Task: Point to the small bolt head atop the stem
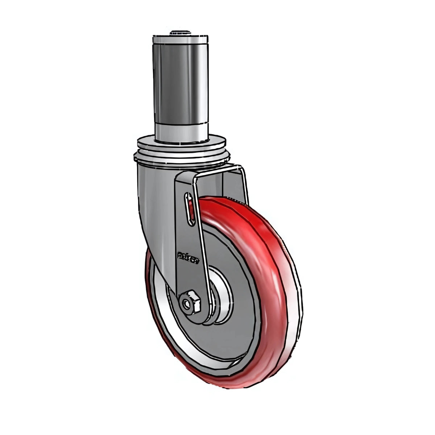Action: pos(181,33)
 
